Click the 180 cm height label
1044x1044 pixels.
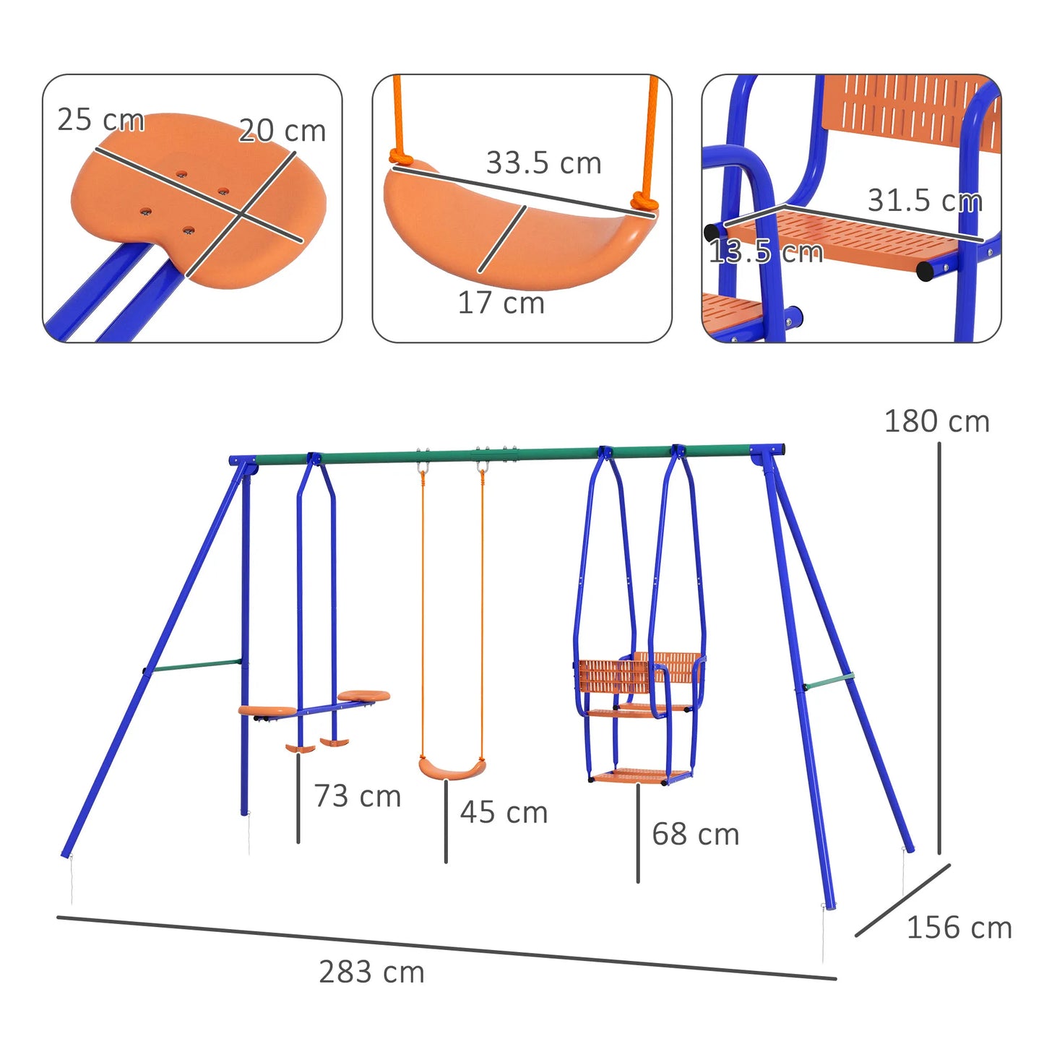(x=936, y=421)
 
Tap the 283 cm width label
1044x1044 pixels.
(x=371, y=972)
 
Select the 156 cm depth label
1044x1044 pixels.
(x=959, y=928)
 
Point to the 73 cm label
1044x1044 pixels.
(x=357, y=796)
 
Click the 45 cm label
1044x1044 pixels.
(x=504, y=812)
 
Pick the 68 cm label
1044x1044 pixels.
(x=695, y=834)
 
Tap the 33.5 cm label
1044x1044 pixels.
(x=543, y=163)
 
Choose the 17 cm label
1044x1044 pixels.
(x=501, y=303)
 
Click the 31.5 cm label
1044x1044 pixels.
(x=925, y=201)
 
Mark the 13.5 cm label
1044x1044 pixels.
(x=765, y=252)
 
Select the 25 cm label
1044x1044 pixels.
(x=100, y=120)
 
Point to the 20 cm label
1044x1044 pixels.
(x=282, y=131)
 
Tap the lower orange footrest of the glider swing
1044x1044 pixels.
(x=639, y=777)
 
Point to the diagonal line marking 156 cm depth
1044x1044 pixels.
(x=902, y=900)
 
